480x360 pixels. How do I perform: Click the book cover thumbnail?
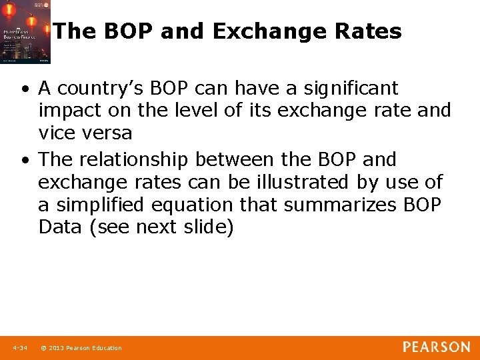[x=25, y=32]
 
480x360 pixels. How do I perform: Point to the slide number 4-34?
[x=19, y=348]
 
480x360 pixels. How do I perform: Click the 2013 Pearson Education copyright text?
[x=81, y=348]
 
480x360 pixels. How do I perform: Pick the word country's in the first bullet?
[x=97, y=88]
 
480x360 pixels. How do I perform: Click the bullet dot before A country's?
[x=25, y=89]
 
